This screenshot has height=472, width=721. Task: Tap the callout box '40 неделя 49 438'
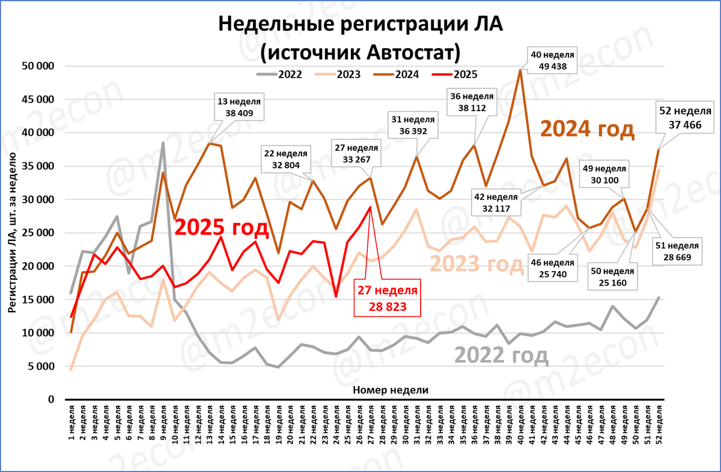tap(553, 60)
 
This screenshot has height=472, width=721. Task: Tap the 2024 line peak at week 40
tap(520, 70)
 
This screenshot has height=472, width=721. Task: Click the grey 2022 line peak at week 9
tap(163, 143)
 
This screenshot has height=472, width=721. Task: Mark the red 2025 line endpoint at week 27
tap(370, 207)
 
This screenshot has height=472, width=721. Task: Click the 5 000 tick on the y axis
tap(41, 366)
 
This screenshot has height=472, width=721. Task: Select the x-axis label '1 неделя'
tap(71, 424)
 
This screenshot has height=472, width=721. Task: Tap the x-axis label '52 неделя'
tap(660, 424)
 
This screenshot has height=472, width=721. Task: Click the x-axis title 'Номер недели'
tap(391, 390)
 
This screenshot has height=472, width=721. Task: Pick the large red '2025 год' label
tap(221, 227)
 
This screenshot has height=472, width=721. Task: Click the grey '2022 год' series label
tap(501, 355)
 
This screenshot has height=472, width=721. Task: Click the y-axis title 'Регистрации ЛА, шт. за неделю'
tap(13, 233)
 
